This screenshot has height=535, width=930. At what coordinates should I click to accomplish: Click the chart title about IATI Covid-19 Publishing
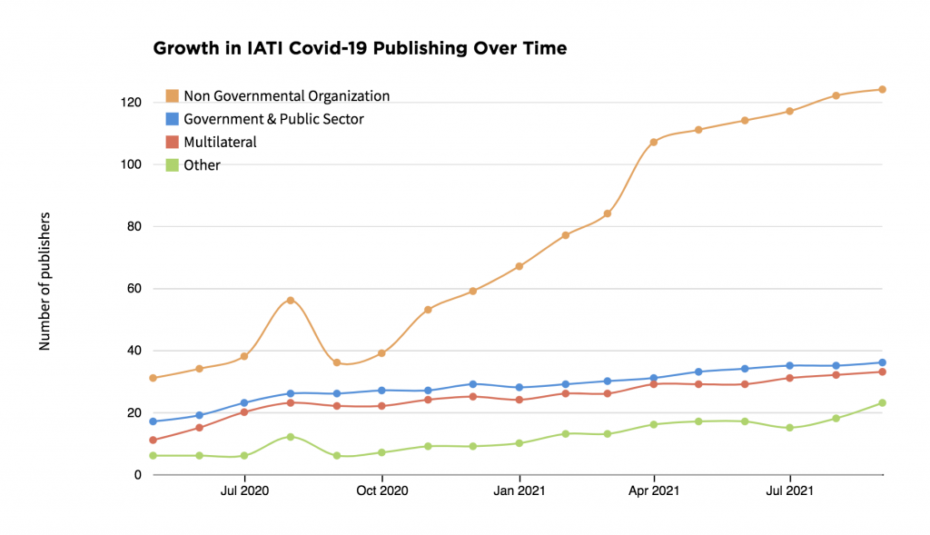tap(360, 49)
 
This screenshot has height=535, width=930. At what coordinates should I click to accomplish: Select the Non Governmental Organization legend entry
tap(286, 95)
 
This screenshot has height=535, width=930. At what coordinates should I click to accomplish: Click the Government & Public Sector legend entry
tap(273, 119)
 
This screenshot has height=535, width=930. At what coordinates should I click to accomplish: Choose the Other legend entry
tap(202, 165)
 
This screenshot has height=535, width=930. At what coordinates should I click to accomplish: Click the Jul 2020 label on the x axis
tap(244, 491)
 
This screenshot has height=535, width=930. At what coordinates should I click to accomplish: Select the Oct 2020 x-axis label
tap(381, 491)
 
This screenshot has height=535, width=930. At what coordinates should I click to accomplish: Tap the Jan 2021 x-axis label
tap(519, 491)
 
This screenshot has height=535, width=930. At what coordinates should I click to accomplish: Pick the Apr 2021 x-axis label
tap(654, 491)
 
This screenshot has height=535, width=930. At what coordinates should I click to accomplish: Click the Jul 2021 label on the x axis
tap(790, 491)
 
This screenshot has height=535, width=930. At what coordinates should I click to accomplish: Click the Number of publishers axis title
tap(45, 282)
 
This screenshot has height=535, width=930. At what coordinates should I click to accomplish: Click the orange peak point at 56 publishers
tap(291, 300)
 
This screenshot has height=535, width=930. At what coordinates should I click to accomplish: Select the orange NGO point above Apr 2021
tap(654, 142)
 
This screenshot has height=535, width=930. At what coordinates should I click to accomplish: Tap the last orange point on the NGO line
tap(882, 89)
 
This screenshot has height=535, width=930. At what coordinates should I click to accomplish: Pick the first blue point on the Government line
tap(153, 421)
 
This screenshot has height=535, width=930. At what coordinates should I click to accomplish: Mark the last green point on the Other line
tap(882, 402)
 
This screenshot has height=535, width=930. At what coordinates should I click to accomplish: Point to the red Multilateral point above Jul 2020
tap(244, 411)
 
